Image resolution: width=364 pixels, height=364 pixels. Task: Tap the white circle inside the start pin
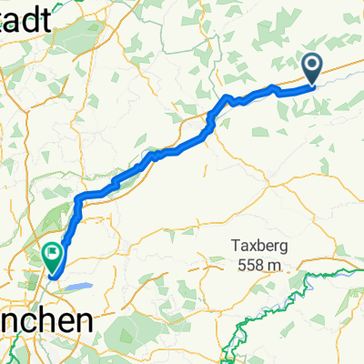(x=311, y=64)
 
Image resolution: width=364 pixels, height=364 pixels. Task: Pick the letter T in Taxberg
(x=235, y=246)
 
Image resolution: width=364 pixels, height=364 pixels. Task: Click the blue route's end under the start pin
(x=312, y=86)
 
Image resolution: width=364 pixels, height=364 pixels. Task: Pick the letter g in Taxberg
(x=288, y=248)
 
